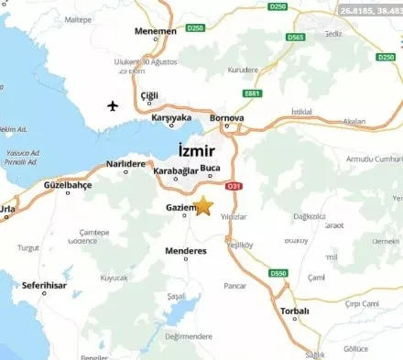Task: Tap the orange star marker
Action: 203,206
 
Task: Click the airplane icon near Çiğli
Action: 114,104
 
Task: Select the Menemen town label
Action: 156,31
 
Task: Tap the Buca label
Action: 211,168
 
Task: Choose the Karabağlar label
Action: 176,170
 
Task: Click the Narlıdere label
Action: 126,163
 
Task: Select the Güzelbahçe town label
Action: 68,185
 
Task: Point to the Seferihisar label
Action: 46,285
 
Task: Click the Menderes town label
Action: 186,250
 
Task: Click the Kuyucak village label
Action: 114,276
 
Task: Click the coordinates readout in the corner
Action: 369,9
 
